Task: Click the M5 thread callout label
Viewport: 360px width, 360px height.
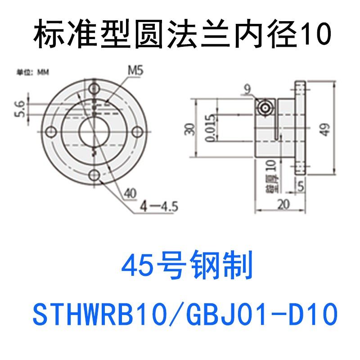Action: [x=136, y=70]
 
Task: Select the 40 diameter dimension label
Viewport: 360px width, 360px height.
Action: [x=130, y=193]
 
